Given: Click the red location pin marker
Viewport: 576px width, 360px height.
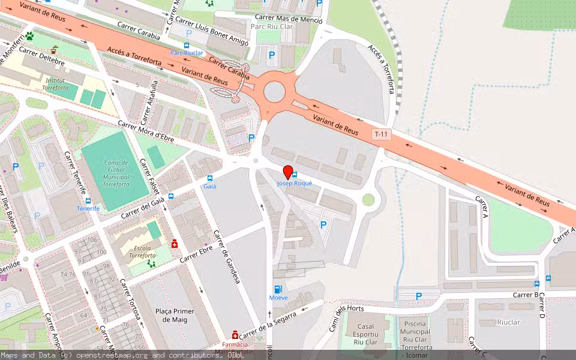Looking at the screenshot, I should [x=288, y=172].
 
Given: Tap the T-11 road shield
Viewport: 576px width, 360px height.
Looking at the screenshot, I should [x=380, y=134].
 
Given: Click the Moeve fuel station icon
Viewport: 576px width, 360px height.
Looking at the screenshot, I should [x=277, y=289].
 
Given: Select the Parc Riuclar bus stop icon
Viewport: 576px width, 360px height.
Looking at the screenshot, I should [x=187, y=45].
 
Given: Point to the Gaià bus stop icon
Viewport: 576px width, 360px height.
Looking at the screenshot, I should [x=210, y=178].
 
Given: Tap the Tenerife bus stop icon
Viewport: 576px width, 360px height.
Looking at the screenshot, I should [x=88, y=200].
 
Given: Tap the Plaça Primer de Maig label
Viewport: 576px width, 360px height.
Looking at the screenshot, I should [x=175, y=315].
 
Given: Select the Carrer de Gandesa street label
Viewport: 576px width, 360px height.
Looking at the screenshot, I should [x=226, y=258].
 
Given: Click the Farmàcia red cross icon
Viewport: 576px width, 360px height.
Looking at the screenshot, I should [x=235, y=334].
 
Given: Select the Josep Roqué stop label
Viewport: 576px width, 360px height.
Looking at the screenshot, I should [x=294, y=184].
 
